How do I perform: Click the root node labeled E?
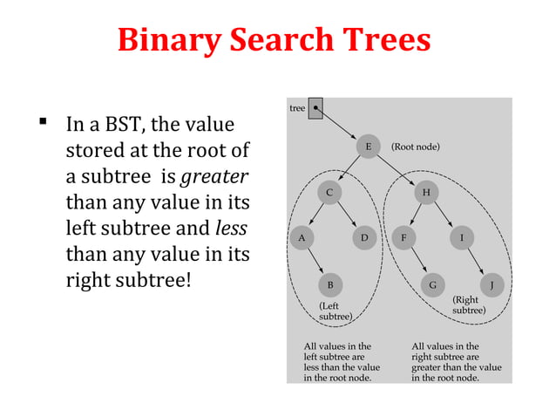click(x=369, y=147)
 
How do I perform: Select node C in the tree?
click(x=329, y=191)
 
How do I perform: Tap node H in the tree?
click(x=426, y=191)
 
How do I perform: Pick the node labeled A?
click(x=302, y=236)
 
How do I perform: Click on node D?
click(x=364, y=236)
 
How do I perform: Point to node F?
click(x=403, y=236)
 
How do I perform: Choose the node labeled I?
click(x=462, y=236)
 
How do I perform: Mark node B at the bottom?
click(x=329, y=284)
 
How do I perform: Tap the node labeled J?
click(x=492, y=284)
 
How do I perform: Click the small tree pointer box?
click(x=315, y=108)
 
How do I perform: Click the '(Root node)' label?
click(x=415, y=147)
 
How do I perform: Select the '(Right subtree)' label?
click(x=469, y=304)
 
